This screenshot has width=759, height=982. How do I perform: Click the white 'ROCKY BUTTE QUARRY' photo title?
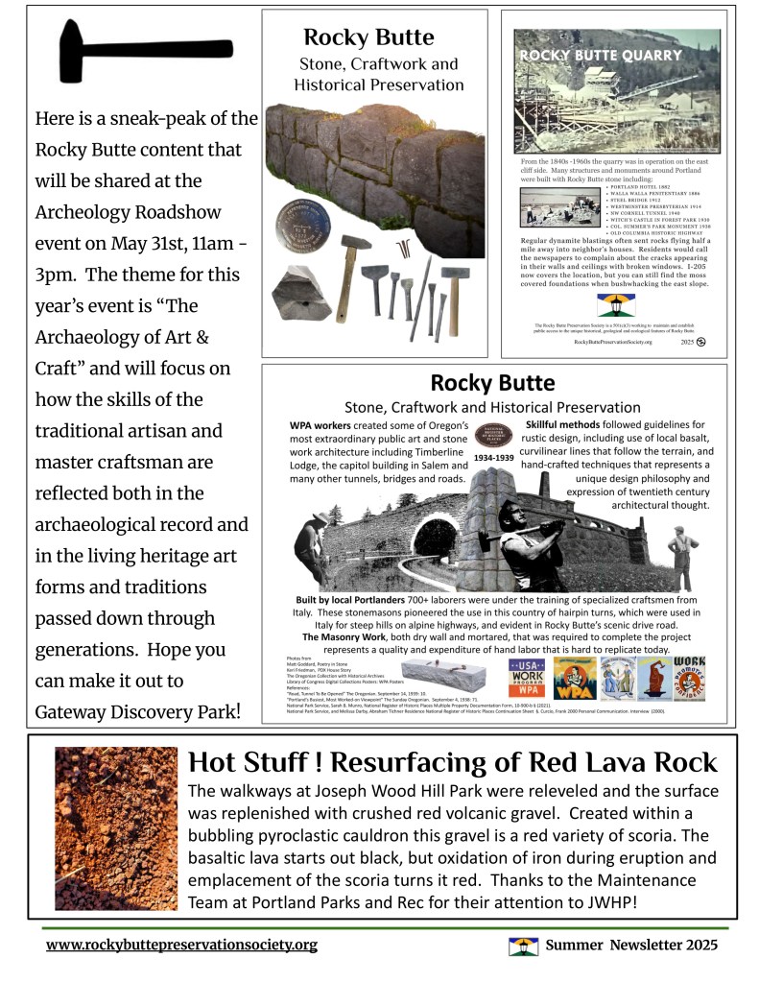pos(601,56)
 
